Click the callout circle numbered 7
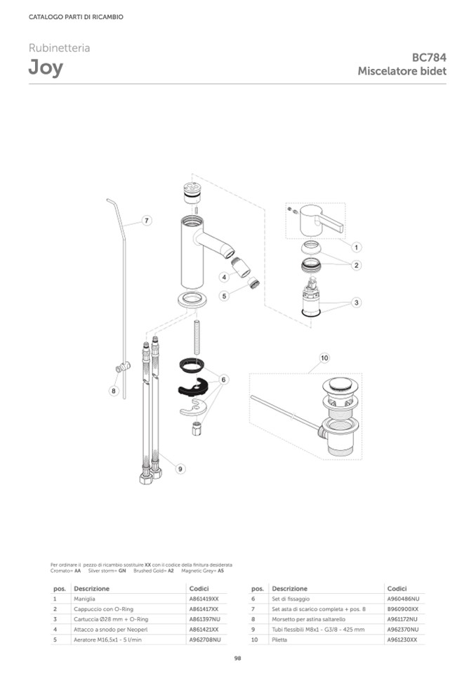click(x=147, y=221)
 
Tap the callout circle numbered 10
click(x=324, y=358)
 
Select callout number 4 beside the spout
click(x=224, y=277)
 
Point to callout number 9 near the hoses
click(x=180, y=469)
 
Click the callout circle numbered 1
click(x=356, y=247)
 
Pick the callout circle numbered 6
click(x=224, y=380)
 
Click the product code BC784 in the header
click(x=429, y=58)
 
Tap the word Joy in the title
click(x=46, y=68)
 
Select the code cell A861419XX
click(x=204, y=599)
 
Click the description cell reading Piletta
click(x=279, y=640)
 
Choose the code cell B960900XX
click(x=402, y=609)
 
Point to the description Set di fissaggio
click(x=291, y=599)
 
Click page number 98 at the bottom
click(x=238, y=658)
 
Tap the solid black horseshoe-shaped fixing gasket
click(x=193, y=387)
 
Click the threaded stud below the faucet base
click(x=197, y=337)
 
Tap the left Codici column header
click(x=199, y=588)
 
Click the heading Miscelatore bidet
click(x=402, y=71)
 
